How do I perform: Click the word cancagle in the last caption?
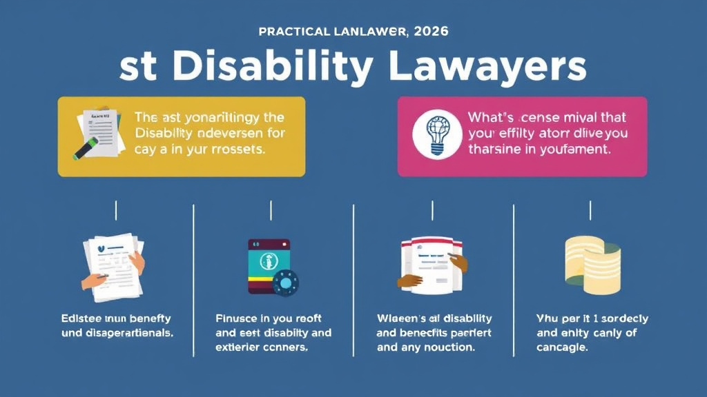point(563,348)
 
